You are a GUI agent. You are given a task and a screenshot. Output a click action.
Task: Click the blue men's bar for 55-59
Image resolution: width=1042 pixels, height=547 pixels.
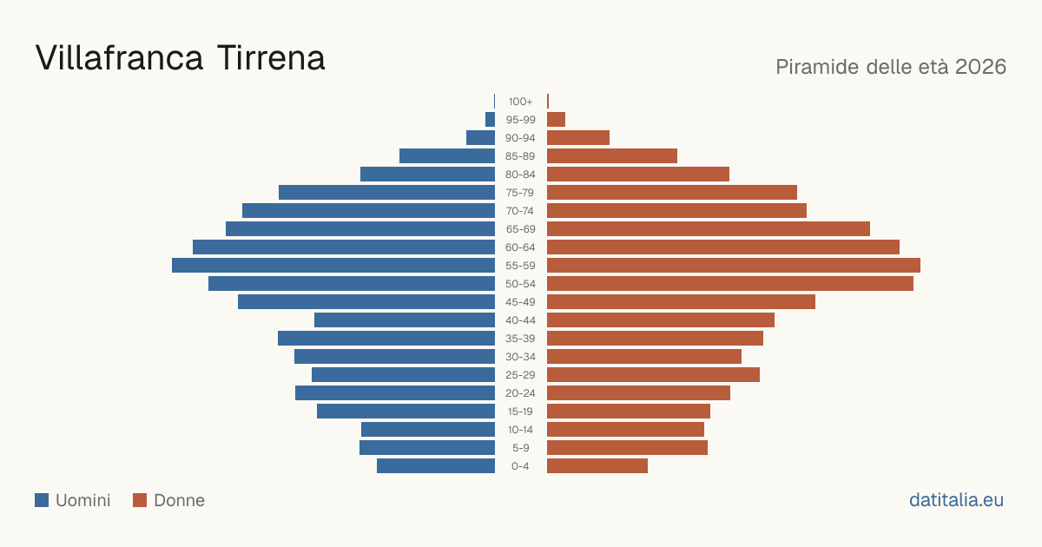click(333, 265)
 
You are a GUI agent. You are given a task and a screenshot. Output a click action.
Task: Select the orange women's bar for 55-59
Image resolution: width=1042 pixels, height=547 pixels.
click(734, 265)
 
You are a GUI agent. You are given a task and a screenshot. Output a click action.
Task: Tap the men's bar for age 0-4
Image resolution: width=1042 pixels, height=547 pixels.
click(436, 466)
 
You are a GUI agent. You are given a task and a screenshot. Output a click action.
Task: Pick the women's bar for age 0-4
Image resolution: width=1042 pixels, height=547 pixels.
click(597, 466)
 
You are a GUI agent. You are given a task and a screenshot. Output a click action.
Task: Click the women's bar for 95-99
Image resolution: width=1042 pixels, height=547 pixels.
click(556, 120)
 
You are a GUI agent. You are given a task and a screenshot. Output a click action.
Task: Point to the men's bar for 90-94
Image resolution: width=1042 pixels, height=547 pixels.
click(480, 138)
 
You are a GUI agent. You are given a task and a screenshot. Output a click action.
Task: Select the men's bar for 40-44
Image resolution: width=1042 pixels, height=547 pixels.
click(405, 320)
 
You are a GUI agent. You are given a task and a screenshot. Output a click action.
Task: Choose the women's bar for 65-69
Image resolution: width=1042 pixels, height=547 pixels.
click(709, 229)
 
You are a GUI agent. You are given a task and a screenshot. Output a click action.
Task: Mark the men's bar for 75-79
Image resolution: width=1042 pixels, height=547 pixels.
click(386, 193)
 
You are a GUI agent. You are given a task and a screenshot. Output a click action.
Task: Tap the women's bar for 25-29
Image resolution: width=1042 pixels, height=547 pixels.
click(653, 375)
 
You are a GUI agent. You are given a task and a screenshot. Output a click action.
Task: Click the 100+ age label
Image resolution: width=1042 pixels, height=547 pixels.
click(520, 102)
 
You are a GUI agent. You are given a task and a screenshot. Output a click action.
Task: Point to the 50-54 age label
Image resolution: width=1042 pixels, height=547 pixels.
click(520, 284)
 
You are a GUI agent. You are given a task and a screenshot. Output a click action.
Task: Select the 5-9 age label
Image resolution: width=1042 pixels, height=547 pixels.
click(520, 448)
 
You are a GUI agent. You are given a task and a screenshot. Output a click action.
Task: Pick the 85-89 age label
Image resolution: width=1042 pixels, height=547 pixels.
click(520, 156)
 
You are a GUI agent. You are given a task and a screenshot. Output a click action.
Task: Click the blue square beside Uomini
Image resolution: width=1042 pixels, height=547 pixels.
click(42, 500)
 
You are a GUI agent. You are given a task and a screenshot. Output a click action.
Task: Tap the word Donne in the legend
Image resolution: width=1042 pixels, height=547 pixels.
click(179, 500)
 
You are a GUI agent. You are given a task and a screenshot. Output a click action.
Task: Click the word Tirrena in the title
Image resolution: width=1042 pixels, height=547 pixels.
click(271, 58)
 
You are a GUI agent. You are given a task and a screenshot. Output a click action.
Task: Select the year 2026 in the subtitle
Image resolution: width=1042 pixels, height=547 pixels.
click(980, 67)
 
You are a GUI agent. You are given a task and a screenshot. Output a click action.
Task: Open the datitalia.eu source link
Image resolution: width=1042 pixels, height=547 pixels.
click(956, 500)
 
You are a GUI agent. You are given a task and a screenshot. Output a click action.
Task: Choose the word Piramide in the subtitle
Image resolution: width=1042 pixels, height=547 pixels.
click(817, 67)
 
